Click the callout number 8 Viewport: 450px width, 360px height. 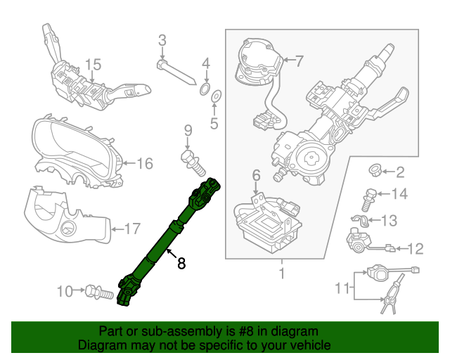tap(181, 264)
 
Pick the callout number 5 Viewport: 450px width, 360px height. tap(214, 125)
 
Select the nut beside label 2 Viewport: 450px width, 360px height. tap(376, 171)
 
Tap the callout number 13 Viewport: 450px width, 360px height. tap(389, 221)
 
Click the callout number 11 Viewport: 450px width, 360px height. tap(342, 287)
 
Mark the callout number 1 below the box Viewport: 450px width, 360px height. tap(281, 273)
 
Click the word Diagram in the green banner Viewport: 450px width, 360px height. tap(99, 345)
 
